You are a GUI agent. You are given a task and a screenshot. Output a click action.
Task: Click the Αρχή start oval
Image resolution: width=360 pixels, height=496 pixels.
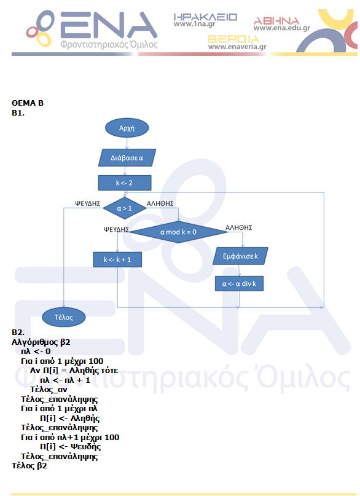127,128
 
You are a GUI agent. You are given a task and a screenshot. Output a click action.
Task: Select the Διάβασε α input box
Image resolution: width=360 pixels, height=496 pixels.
127,157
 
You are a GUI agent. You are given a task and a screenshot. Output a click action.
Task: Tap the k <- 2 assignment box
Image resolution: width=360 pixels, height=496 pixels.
125,183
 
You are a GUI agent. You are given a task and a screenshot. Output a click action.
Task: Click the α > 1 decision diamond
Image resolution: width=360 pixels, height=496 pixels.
125,208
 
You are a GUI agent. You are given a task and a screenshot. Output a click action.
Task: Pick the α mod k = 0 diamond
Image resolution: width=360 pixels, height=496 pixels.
178,232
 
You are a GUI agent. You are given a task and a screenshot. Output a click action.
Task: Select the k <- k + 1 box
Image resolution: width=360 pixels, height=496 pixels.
117,259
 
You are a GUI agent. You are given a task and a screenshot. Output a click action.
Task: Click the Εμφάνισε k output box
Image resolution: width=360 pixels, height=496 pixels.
240,256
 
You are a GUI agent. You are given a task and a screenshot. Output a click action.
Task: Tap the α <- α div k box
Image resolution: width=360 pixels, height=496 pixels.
239,284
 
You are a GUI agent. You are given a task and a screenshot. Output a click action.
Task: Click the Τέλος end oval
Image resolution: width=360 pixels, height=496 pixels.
63,317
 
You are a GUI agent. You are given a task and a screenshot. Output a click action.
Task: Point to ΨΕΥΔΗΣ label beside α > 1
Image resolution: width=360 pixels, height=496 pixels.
88,203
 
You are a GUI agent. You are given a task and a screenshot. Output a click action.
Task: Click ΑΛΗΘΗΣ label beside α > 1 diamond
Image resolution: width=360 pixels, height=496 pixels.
160,203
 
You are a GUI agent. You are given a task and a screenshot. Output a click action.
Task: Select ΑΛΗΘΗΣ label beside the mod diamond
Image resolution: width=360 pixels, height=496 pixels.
238,227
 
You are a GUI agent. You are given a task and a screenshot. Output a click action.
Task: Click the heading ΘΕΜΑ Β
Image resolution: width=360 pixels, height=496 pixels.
28,103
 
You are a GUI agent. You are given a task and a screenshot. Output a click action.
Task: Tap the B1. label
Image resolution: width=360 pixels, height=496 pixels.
18,113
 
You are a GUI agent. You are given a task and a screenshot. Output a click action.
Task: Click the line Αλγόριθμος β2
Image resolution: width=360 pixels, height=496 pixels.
41,342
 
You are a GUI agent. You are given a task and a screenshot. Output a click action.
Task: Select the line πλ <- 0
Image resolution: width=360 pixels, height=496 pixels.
36,352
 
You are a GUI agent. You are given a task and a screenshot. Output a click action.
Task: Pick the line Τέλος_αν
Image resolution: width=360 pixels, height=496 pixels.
49,390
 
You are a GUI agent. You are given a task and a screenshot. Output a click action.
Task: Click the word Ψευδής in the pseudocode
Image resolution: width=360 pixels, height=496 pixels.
85,447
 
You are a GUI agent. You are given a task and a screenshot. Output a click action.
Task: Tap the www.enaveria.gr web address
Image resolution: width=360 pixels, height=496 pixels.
237,47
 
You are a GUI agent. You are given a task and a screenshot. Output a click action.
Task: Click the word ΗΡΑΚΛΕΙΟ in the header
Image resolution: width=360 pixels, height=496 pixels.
205,17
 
